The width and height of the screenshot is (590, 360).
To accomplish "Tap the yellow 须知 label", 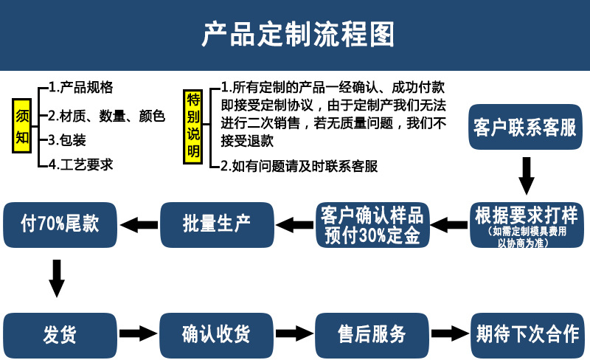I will point(21,126).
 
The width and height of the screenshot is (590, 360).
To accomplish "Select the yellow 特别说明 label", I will point(193,126).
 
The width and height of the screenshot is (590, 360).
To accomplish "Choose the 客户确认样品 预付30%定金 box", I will point(372,225).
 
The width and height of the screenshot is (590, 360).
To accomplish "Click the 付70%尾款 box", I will point(60,224).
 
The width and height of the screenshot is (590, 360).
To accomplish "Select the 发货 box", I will point(60,334).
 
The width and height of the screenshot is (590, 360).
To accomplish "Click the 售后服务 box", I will point(372,334).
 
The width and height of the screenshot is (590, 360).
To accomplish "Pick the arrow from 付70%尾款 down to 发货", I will point(57,277).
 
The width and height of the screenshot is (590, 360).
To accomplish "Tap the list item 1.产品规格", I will point(81,87).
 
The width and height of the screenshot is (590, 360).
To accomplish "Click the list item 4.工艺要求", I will point(81,165).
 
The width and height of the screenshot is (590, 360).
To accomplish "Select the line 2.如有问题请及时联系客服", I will point(299,167).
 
